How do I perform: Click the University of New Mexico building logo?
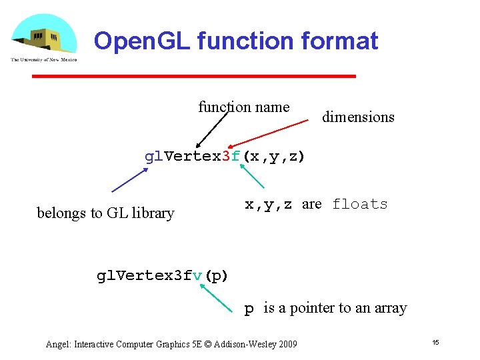pos(43,37)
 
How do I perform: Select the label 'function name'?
pos(243,107)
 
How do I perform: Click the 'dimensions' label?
pos(358,117)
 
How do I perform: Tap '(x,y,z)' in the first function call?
pos(273,157)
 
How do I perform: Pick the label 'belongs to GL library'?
pos(105,213)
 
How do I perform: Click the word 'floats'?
pos(360,204)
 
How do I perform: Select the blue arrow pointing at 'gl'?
pos(130,179)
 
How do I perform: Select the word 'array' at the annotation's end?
pos(391,308)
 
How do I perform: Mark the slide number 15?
pos(435,343)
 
